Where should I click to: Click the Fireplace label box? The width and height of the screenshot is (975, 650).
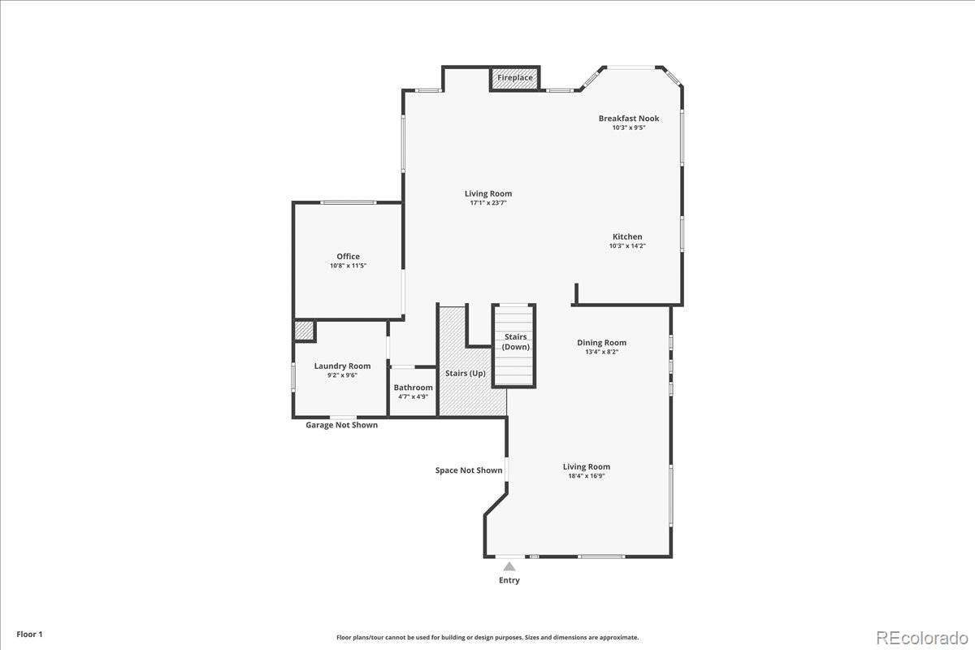tap(515, 78)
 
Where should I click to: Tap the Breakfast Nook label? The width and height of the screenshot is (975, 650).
tap(629, 119)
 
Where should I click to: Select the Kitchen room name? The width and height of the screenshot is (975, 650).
tap(627, 236)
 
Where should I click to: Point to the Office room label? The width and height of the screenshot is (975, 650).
tap(349, 257)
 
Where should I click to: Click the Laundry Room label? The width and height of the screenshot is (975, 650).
tap(343, 366)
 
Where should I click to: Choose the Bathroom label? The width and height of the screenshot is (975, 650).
tap(413, 388)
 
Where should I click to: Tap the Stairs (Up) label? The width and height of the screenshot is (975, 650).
tap(466, 374)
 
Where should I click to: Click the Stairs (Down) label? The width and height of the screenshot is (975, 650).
tap(516, 342)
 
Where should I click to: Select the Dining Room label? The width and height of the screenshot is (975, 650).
tap(601, 343)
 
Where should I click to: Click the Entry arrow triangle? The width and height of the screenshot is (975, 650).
tap(509, 566)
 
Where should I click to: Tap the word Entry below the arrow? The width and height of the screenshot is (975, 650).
tap(509, 580)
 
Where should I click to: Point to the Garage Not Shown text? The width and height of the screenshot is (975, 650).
tap(342, 425)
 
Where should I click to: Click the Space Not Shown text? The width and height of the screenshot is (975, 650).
tap(469, 470)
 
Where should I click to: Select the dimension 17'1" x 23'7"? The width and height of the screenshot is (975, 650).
tap(488, 203)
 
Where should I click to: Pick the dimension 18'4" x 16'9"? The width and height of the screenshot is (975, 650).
tap(587, 476)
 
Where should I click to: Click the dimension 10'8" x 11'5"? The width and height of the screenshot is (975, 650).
tap(349, 266)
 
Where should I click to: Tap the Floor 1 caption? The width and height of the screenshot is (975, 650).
tap(29, 635)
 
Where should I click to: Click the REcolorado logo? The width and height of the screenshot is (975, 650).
tap(922, 639)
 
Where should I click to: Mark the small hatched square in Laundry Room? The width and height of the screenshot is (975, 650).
tap(304, 331)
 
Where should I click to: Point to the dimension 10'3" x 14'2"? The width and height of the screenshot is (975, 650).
tap(627, 246)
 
